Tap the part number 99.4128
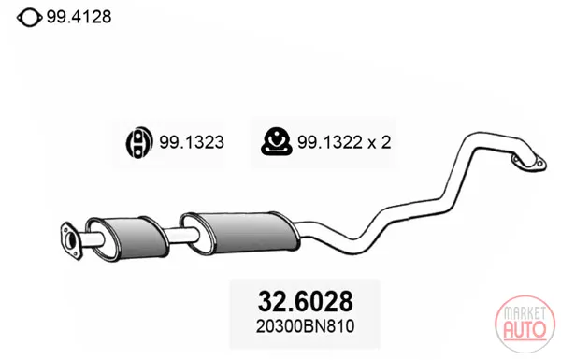click(x=79, y=17)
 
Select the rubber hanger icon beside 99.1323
click(x=139, y=142)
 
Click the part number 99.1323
click(x=192, y=142)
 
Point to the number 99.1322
click(x=330, y=142)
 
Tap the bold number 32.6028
click(x=305, y=301)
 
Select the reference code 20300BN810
click(x=305, y=326)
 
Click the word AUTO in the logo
click(x=525, y=329)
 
